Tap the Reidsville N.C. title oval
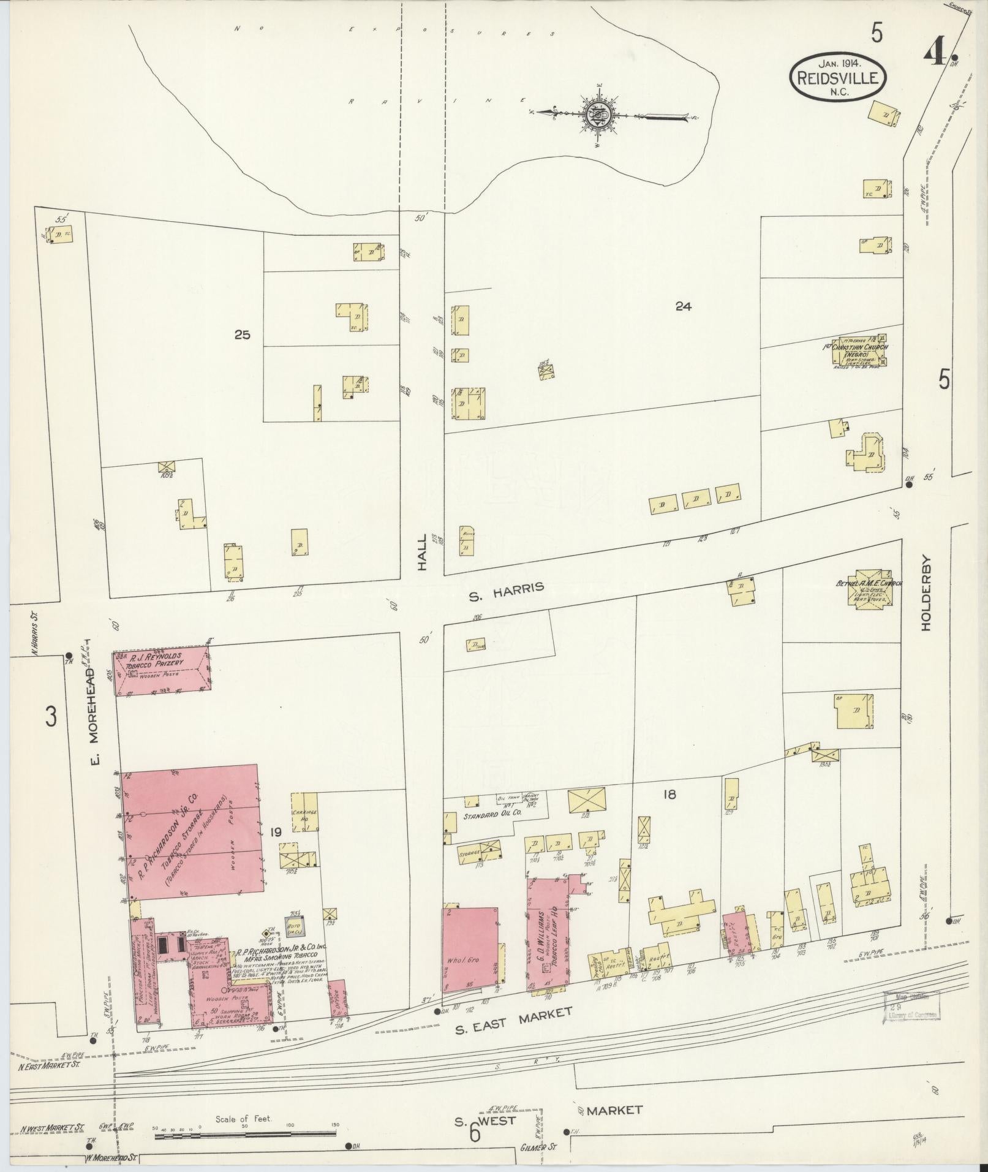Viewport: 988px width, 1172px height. [838, 78]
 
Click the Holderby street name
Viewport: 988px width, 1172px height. [925, 592]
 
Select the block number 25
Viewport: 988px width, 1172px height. [243, 335]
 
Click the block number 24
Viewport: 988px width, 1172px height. [684, 306]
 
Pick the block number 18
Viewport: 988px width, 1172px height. [668, 795]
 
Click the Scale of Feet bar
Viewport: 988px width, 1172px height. [245, 1136]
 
